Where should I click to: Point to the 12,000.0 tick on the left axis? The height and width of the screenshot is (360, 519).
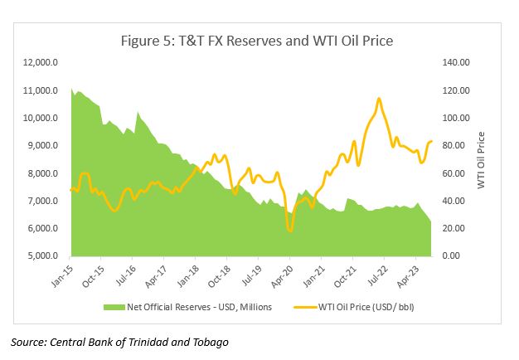click(38, 63)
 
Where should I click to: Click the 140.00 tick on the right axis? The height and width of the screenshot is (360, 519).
click(457, 63)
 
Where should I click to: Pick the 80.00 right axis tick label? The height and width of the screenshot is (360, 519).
click(457, 146)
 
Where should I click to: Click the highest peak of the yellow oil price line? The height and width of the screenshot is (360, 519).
click(379, 99)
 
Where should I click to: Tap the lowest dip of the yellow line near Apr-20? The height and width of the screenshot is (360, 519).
click(289, 230)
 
